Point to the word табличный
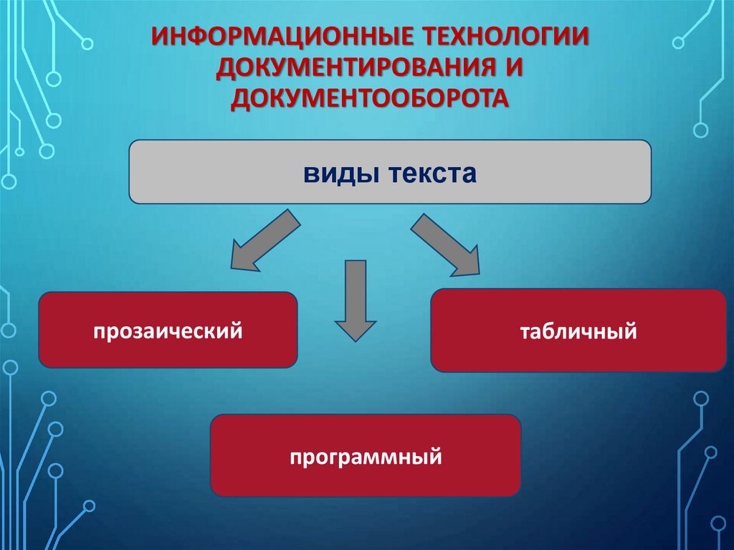coord(578,331)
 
